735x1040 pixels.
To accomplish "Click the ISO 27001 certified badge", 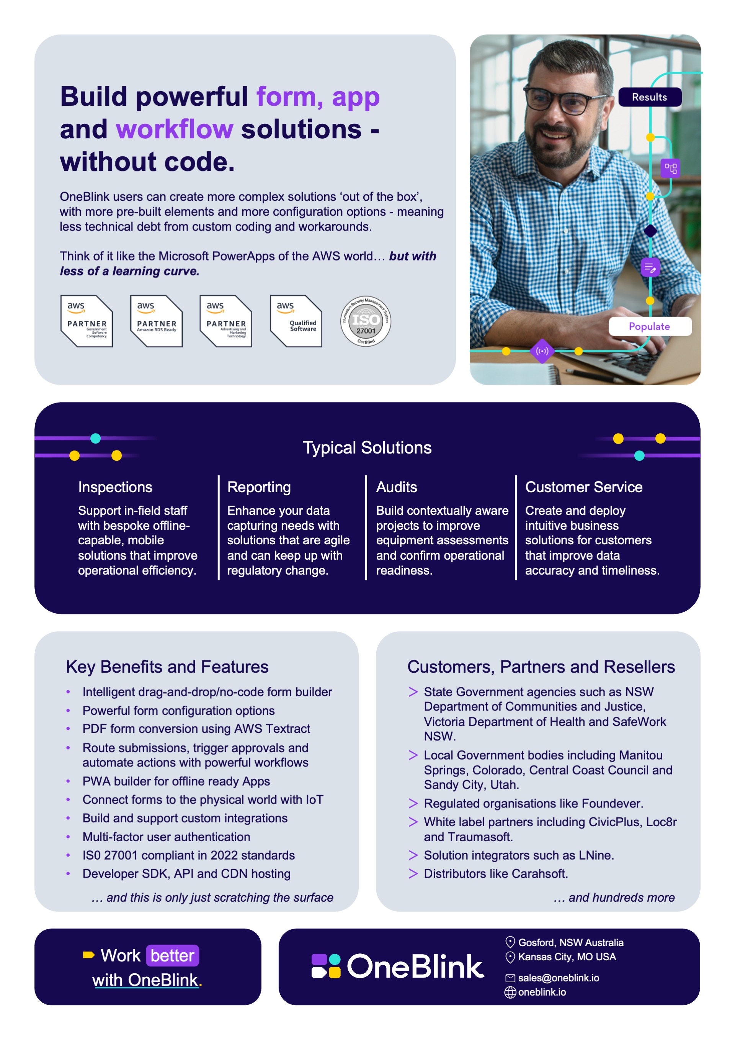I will click(366, 321).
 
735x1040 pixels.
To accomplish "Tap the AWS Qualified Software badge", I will click(296, 321).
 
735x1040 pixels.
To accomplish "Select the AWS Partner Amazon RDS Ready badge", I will click(156, 321).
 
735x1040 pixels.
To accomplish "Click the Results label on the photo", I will click(650, 97).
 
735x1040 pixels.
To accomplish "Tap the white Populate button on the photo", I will click(650, 326).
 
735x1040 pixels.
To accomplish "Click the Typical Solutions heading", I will click(367, 447).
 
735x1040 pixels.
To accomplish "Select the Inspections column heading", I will click(115, 487).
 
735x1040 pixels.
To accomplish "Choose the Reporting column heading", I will click(259, 487).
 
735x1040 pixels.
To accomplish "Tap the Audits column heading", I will click(397, 487).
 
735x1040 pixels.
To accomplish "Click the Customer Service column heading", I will click(584, 487).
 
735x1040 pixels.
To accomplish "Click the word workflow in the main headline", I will click(175, 129).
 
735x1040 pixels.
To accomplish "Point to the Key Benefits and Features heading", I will click(167, 667).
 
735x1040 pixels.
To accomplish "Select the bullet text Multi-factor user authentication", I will click(166, 837).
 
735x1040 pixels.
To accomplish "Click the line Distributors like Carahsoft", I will click(496, 873).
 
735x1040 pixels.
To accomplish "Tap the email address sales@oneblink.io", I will click(559, 978).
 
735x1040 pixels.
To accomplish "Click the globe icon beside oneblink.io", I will click(510, 992).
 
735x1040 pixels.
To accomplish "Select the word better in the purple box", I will click(172, 955).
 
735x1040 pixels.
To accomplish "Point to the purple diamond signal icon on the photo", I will click(542, 351).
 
